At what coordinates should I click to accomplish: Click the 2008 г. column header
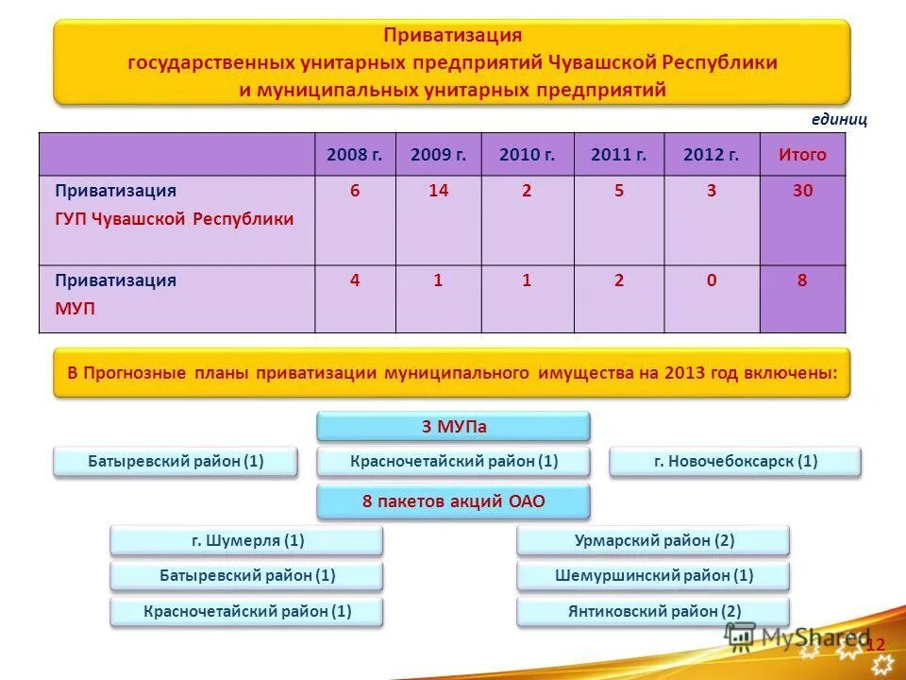click(355, 155)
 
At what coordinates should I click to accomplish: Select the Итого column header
click(802, 155)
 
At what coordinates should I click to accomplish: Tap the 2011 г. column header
click(618, 155)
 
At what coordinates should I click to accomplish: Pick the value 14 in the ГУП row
click(438, 191)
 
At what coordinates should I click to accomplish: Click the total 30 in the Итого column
click(802, 191)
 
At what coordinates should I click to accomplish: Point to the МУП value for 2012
click(711, 280)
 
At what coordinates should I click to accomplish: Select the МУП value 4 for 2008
click(355, 280)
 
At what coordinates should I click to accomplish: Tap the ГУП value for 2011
click(618, 191)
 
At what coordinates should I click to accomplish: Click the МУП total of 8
click(802, 280)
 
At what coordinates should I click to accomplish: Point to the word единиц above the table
click(839, 120)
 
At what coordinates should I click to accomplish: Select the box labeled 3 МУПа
click(453, 426)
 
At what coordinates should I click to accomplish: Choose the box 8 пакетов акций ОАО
click(453, 501)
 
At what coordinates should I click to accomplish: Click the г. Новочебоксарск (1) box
click(735, 462)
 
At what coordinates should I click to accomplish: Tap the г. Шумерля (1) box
click(247, 541)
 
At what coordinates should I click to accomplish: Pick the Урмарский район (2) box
click(653, 541)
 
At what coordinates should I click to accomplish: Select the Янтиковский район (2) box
click(653, 611)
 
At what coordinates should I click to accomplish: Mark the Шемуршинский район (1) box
click(653, 575)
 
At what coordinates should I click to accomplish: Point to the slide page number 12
click(876, 644)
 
